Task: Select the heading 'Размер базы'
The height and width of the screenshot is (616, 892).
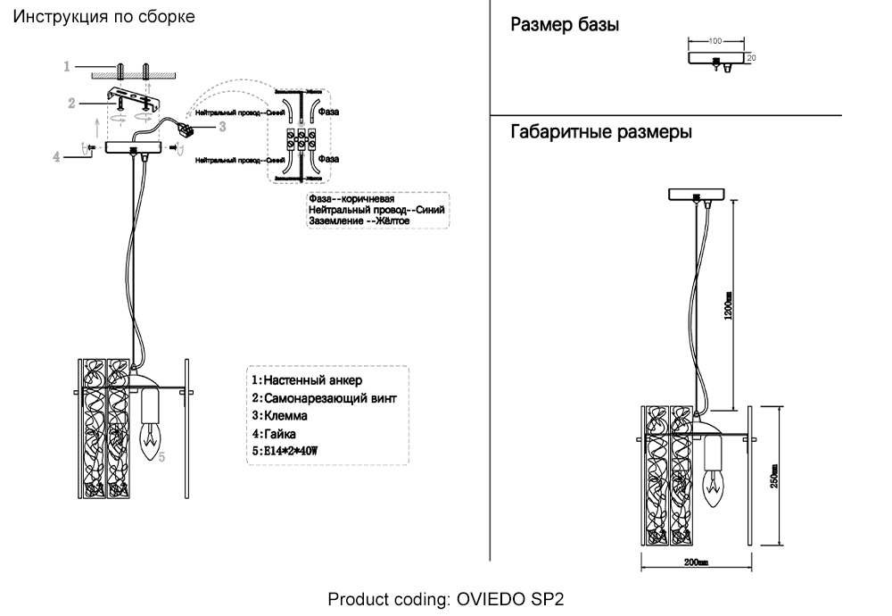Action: pyautogui.click(x=564, y=25)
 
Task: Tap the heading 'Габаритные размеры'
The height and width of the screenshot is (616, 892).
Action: pyautogui.click(x=601, y=133)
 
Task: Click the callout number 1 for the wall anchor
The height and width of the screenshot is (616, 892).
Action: pyautogui.click(x=67, y=66)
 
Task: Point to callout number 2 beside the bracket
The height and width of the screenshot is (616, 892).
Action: pyautogui.click(x=71, y=104)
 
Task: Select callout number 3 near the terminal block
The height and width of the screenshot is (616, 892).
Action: pyautogui.click(x=222, y=127)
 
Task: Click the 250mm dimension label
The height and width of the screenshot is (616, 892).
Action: pyautogui.click(x=774, y=476)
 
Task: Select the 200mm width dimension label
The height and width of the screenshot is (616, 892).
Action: pyautogui.click(x=696, y=562)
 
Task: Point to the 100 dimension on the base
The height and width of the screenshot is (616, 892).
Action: pyautogui.click(x=714, y=41)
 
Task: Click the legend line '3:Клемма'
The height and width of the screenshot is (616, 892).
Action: pyautogui.click(x=280, y=416)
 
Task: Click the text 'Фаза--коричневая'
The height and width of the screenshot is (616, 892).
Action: pyautogui.click(x=351, y=199)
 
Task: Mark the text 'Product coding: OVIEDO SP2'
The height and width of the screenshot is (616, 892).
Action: pyautogui.click(x=446, y=598)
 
